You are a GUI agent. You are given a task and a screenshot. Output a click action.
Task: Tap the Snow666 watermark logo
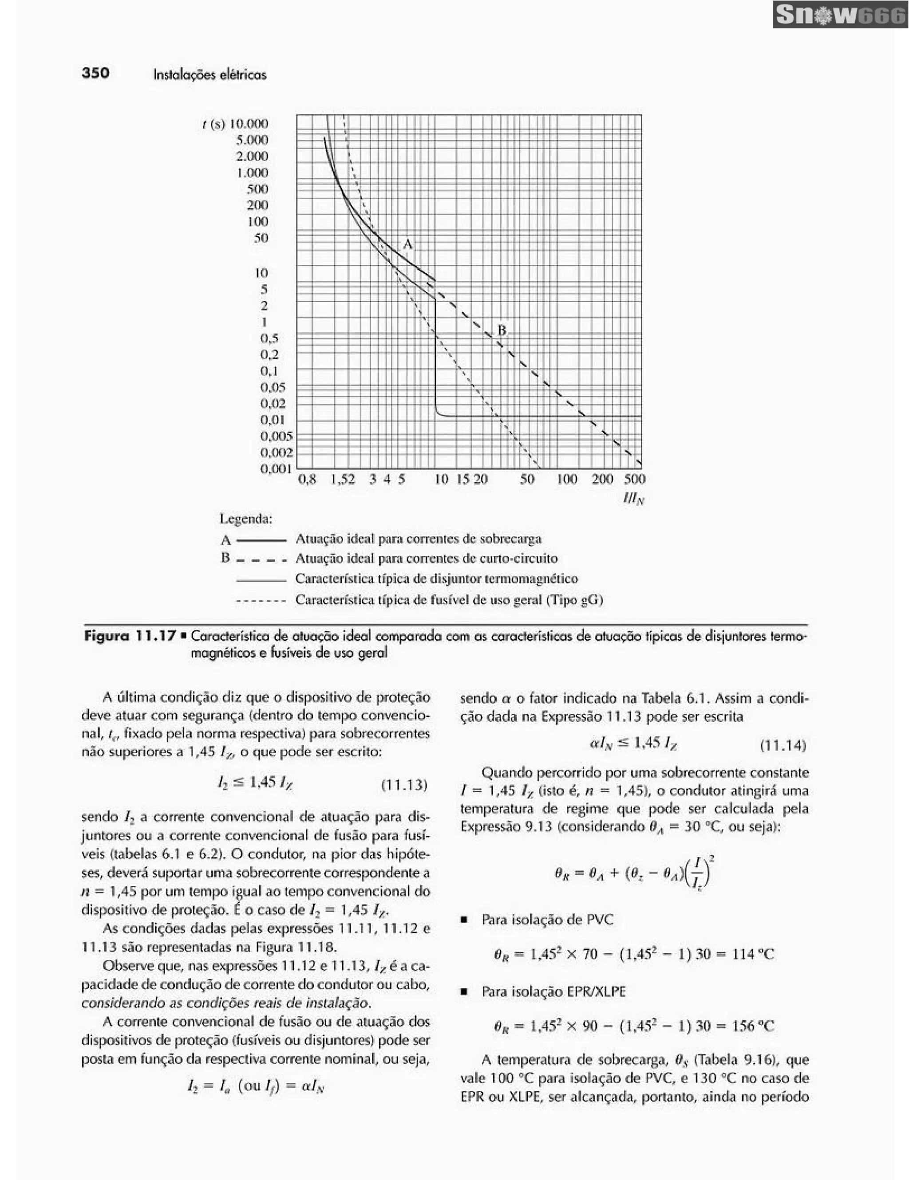point(840,15)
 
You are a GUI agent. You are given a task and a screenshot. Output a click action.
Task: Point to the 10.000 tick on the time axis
point(249,124)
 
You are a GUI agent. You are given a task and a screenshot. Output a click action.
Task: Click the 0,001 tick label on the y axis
point(276,468)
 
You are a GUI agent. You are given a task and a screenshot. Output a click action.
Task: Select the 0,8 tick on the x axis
point(308,479)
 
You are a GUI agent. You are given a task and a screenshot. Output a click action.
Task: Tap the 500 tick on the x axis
point(634,479)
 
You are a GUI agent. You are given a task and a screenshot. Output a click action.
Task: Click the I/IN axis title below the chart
point(633,499)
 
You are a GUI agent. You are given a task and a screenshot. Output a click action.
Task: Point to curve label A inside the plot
point(408,245)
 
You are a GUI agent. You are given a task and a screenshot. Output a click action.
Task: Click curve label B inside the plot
point(502,330)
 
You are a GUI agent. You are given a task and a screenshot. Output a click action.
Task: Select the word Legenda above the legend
point(246,519)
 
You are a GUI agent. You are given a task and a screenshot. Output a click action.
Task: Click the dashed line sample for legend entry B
point(261,560)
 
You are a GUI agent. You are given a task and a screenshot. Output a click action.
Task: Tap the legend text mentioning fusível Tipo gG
point(449,600)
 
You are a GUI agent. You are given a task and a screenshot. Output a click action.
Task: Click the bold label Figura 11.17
point(130,636)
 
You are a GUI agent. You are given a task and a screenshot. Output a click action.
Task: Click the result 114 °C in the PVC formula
point(753,955)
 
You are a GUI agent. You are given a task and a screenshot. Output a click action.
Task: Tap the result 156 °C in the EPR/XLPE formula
point(753,1026)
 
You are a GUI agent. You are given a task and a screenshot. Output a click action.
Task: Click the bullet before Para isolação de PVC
point(464,920)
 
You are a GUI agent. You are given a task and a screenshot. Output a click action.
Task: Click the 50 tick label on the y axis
point(261,238)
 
